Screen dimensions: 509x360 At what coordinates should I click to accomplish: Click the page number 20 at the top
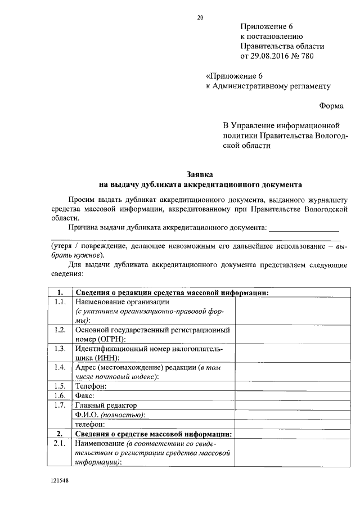(x=200, y=17)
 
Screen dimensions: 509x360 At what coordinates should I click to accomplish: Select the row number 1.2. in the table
(x=58, y=330)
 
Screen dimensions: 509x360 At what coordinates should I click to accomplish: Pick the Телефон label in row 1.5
(x=91, y=386)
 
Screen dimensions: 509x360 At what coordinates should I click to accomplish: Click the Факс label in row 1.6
(x=85, y=395)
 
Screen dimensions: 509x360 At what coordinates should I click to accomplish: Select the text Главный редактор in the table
(x=106, y=405)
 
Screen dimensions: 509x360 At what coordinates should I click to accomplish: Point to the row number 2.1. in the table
(x=58, y=443)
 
